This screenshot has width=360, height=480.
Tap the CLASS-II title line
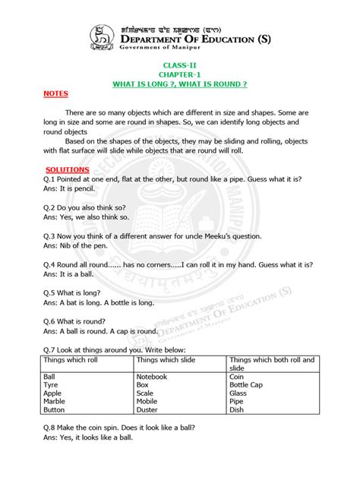pyautogui.click(x=179, y=67)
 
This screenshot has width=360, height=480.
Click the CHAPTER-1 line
pyautogui.click(x=179, y=74)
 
